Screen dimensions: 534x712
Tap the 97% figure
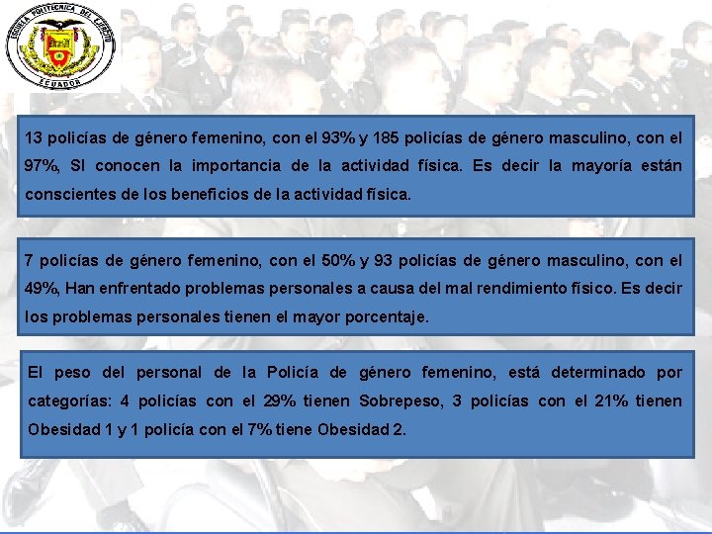point(41,166)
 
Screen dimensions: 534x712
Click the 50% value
point(327,261)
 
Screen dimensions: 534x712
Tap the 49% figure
point(41,290)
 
